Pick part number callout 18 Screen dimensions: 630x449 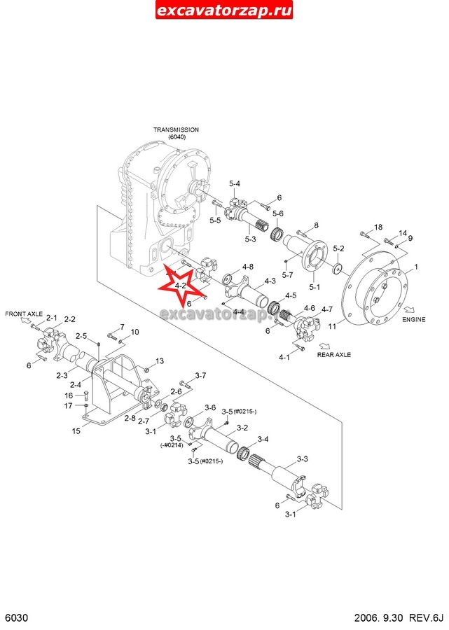coord(378,227)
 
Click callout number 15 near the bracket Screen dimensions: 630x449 coord(76,431)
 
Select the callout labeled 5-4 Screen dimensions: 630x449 coord(234,183)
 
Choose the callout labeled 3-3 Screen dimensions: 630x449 coord(303,459)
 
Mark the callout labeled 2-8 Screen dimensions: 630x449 coord(130,418)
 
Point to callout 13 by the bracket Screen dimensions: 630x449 coord(159,361)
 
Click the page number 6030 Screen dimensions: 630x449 coord(15,619)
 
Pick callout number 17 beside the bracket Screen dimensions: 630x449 coord(68,406)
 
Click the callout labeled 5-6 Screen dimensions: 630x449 coord(278,213)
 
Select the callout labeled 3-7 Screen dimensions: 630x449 coord(200,376)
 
